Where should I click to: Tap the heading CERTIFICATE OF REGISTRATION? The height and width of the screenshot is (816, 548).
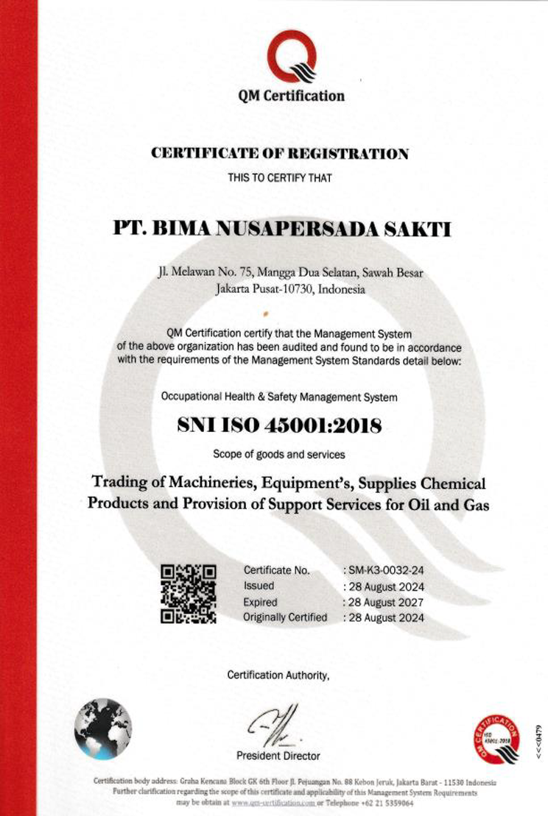pos(279,154)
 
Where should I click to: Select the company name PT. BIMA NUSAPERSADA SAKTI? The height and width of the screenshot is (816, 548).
pos(281,229)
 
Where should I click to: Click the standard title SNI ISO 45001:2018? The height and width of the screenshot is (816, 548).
pos(279,426)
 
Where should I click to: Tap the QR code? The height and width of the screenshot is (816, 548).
pos(189,594)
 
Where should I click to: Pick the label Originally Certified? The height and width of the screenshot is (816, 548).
pos(285,617)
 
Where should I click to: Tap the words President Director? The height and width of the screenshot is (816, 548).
pos(278,756)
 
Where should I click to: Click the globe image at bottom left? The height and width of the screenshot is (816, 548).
pos(102,728)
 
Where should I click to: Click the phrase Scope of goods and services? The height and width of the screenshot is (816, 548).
pos(279,453)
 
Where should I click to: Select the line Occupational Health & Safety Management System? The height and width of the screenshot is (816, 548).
pos(279,397)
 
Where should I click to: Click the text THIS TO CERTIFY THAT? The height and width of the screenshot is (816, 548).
pos(279,177)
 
